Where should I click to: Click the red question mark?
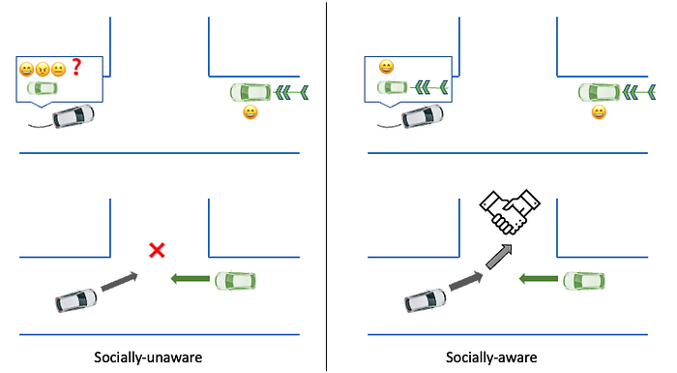pos(74,68)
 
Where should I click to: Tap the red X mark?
pos(155,252)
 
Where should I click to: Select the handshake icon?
pos(510,210)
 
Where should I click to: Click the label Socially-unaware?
pos(160,357)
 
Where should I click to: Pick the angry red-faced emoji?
pos(43,69)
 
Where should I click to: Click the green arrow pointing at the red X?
pos(190,280)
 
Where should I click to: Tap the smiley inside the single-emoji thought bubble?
pos(386,67)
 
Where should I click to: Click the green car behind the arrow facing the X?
pos(235,280)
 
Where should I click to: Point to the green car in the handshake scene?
pos(584,280)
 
